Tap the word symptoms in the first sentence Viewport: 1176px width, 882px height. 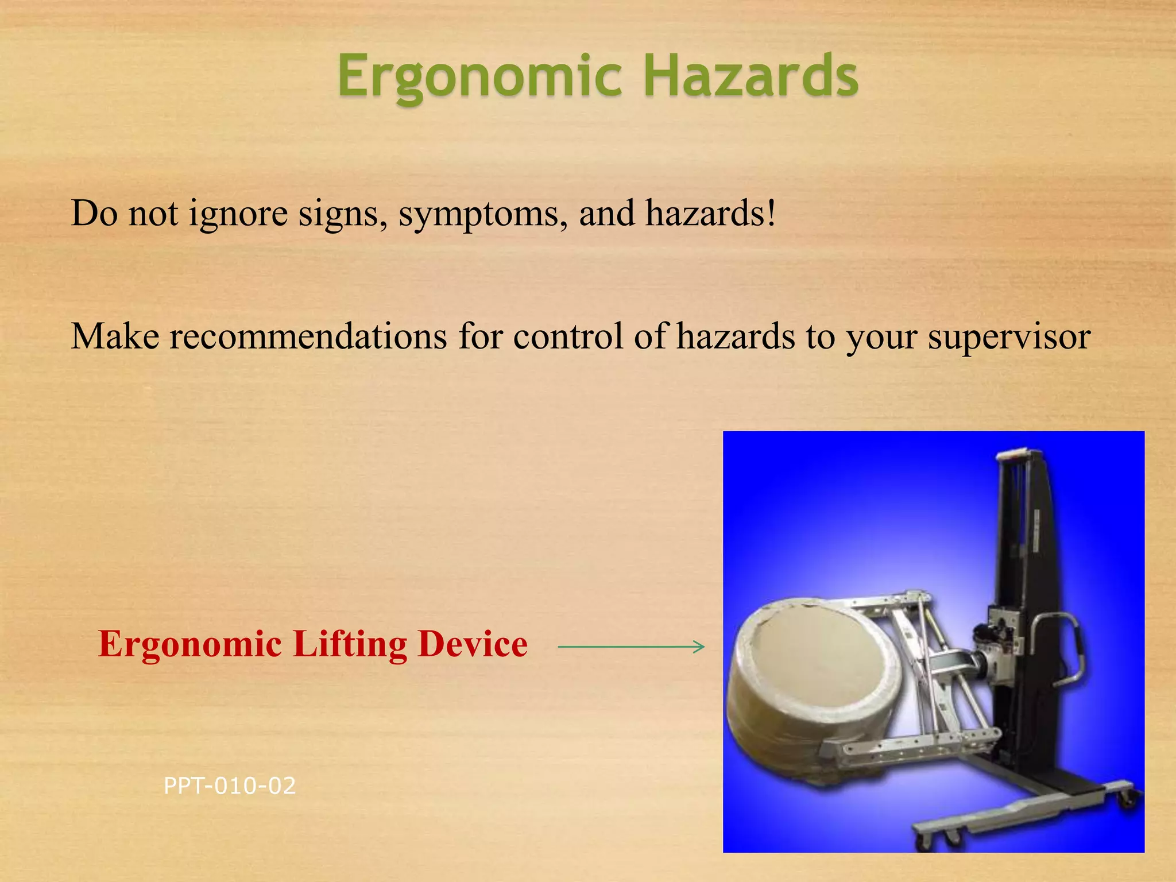coord(478,214)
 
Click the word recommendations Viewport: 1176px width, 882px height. coord(308,336)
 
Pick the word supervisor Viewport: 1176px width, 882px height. coord(1009,338)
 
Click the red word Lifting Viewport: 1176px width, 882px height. coord(350,644)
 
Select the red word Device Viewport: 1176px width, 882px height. coord(472,644)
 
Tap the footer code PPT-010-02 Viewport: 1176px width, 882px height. coord(229,786)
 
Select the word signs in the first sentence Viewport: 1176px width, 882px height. coord(342,214)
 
